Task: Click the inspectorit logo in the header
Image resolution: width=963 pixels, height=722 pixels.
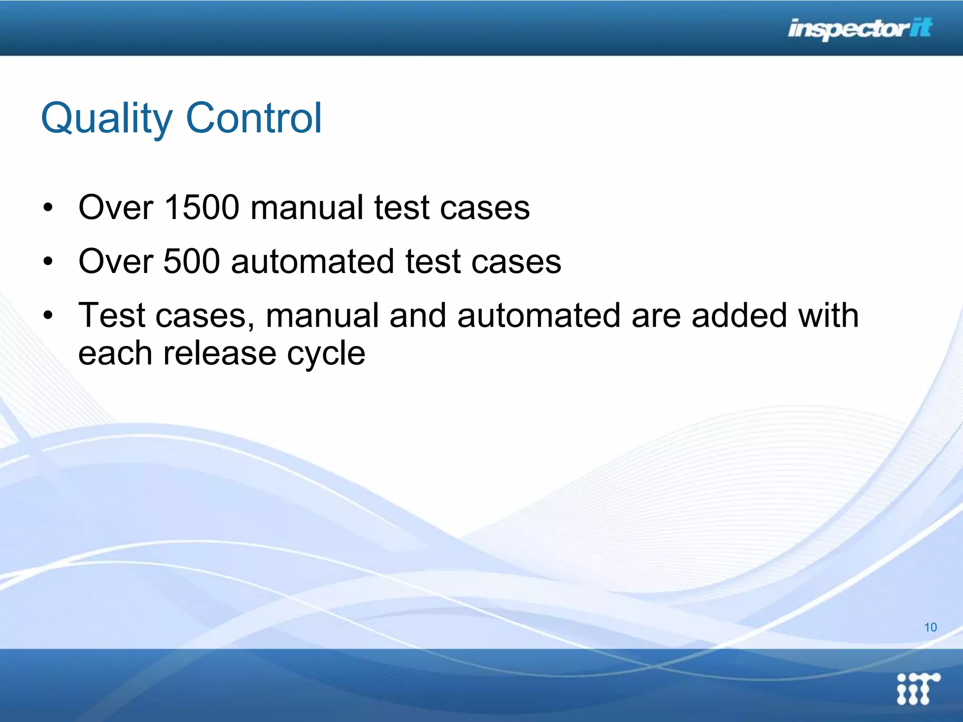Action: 860,29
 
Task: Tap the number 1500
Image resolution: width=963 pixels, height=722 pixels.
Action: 202,207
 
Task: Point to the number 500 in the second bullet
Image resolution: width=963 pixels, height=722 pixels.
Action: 191,261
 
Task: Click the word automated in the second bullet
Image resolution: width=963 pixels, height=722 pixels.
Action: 312,261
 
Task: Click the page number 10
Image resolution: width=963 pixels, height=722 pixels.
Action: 930,628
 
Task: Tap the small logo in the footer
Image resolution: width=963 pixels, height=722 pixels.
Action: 917,688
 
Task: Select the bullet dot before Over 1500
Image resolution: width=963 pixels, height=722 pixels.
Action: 47,208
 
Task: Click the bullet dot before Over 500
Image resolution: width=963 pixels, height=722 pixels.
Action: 47,262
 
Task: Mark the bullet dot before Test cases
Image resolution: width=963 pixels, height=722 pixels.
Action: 47,316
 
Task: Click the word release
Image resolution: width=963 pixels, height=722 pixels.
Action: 220,353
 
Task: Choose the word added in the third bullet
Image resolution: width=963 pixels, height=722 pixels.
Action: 739,315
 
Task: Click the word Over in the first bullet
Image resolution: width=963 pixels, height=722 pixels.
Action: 116,207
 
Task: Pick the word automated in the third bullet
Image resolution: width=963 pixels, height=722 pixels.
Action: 539,315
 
